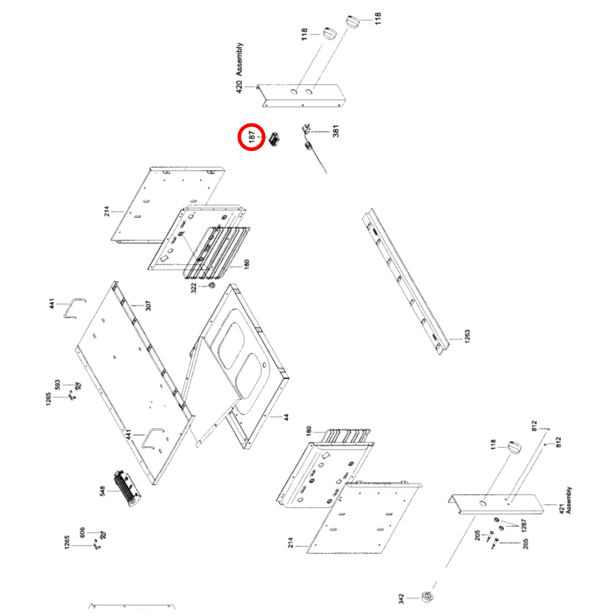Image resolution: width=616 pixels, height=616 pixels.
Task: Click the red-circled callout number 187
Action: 252,137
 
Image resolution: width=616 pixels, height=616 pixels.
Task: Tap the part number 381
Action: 336,131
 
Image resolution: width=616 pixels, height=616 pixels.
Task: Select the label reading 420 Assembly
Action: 239,68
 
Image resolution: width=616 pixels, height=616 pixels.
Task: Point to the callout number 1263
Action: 467,336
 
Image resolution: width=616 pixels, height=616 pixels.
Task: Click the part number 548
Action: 102,491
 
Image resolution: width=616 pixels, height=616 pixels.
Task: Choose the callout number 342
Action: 401,599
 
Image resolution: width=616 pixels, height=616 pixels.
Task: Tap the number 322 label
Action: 193,288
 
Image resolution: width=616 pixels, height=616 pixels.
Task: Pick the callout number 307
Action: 148,305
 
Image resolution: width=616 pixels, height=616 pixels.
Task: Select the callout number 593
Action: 57,385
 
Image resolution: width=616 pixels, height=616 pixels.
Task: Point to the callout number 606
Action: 82,532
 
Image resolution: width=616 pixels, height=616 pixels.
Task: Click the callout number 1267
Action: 524,526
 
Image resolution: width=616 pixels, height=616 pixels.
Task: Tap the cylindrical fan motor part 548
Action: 127,488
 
